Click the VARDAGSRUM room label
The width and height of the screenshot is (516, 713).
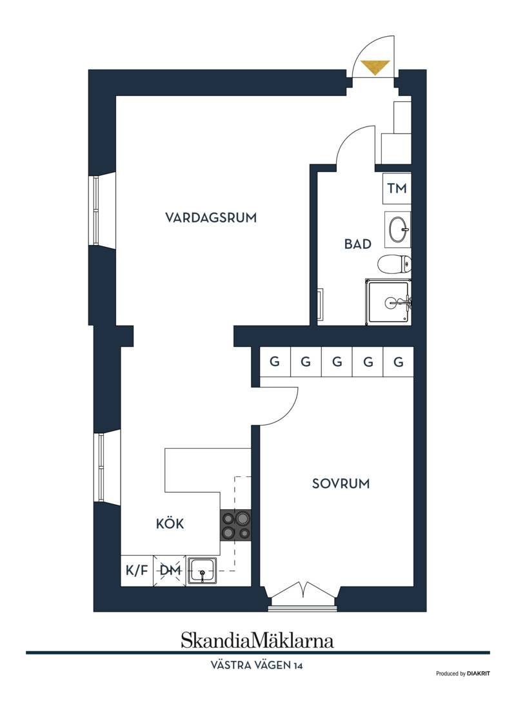point(211,217)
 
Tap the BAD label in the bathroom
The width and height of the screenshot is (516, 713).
point(357,244)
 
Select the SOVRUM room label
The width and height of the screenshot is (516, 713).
point(341,483)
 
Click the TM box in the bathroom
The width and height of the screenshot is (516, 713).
point(397,188)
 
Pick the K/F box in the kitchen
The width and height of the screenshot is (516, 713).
point(137,571)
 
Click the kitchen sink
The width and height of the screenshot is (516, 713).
point(203,571)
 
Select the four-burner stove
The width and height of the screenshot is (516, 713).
point(235,525)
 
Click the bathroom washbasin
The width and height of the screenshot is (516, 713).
point(398,230)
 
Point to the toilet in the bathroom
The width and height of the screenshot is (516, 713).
point(395,264)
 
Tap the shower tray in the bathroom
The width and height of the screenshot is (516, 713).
point(389,302)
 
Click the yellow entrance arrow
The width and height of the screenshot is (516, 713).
point(375,67)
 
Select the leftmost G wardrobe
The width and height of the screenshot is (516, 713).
point(274,362)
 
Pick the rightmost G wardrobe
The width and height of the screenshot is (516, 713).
point(399,362)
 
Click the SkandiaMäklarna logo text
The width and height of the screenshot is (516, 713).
point(257,640)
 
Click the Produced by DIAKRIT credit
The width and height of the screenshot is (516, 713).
point(463,674)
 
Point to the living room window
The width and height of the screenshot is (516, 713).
point(97,211)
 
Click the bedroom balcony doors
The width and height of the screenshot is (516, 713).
point(303,595)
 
